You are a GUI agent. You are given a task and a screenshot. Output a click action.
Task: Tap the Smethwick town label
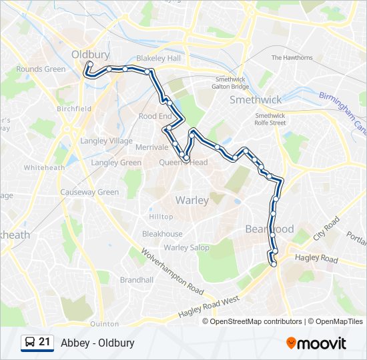[256, 99]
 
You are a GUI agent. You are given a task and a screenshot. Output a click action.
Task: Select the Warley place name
[192, 200]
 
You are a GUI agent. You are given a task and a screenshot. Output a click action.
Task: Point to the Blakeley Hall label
[158, 58]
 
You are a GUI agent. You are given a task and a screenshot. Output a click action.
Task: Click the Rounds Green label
[41, 69]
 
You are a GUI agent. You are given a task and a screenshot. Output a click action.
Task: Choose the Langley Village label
[106, 141]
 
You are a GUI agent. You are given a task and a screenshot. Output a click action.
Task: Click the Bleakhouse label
[162, 234]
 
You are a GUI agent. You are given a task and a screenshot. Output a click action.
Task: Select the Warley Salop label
[187, 247]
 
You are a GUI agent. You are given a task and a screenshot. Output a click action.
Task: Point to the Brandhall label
[137, 280]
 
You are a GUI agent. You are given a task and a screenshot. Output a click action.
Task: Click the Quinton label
[104, 324]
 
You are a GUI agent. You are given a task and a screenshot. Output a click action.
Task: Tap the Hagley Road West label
[209, 308]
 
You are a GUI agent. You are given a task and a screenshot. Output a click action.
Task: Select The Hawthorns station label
[292, 58]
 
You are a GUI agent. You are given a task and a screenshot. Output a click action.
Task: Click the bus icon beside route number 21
[29, 343]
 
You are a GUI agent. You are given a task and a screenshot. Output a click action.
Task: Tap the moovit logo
[316, 343]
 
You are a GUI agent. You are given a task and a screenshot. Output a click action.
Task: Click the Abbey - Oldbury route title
[97, 343]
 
